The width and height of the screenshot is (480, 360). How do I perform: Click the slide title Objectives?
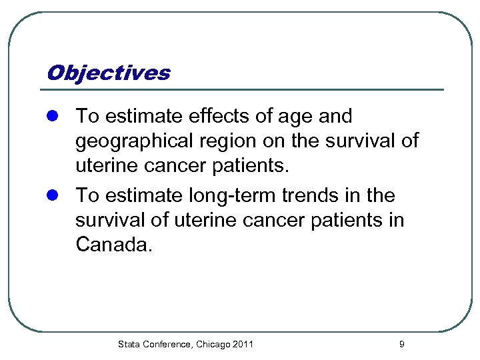[x=108, y=73]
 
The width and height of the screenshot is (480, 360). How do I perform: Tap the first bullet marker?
[x=55, y=117]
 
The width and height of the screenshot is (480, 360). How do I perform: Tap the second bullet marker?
[x=55, y=197]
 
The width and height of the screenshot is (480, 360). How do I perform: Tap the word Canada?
[x=114, y=245]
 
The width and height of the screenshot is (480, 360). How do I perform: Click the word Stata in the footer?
[x=129, y=344]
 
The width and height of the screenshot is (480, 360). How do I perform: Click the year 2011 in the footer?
[x=243, y=344]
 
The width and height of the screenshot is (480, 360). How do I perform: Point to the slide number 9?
[x=401, y=344]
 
